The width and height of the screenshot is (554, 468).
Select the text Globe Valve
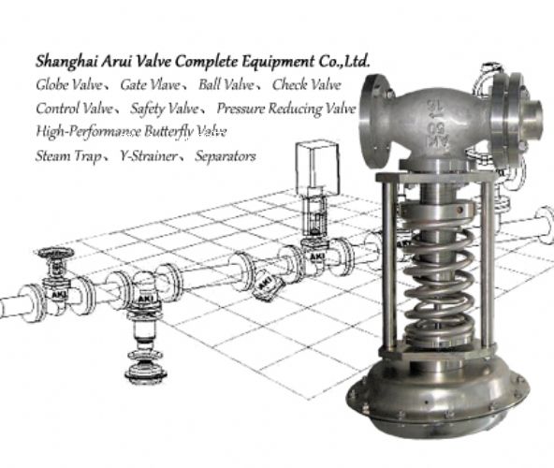click(x=67, y=85)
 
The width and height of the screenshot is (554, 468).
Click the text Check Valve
click(x=308, y=85)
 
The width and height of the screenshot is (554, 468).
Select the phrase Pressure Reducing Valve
click(x=285, y=109)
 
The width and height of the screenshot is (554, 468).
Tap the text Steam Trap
click(x=66, y=155)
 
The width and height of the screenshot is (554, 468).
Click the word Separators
click(x=225, y=155)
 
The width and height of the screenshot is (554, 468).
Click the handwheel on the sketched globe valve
click(x=54, y=254)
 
